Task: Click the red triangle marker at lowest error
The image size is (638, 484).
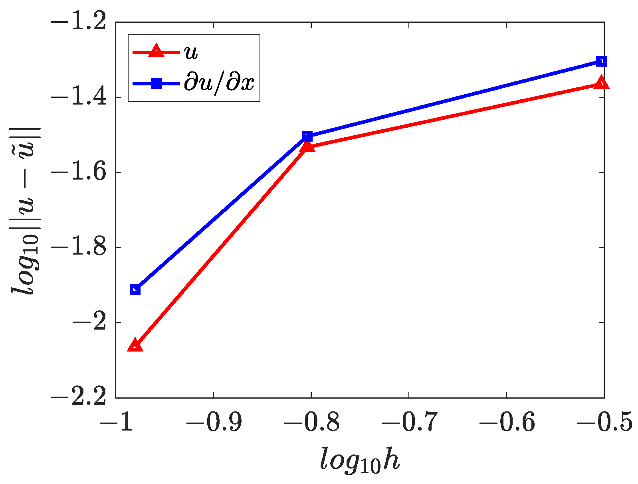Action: tap(135, 346)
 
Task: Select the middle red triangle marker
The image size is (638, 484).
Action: tap(307, 147)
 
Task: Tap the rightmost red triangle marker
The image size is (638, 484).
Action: tap(601, 83)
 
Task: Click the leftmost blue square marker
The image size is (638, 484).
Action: tap(135, 289)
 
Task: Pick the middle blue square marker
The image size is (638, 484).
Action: tap(307, 136)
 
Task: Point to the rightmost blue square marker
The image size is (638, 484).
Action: tap(601, 61)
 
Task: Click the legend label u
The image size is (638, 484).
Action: tap(191, 52)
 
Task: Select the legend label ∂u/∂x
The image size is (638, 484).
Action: tap(219, 83)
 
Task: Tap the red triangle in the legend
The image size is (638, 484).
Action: tap(156, 52)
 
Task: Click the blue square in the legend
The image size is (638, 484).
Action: tap(156, 83)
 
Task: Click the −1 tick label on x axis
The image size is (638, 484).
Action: tap(116, 422)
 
